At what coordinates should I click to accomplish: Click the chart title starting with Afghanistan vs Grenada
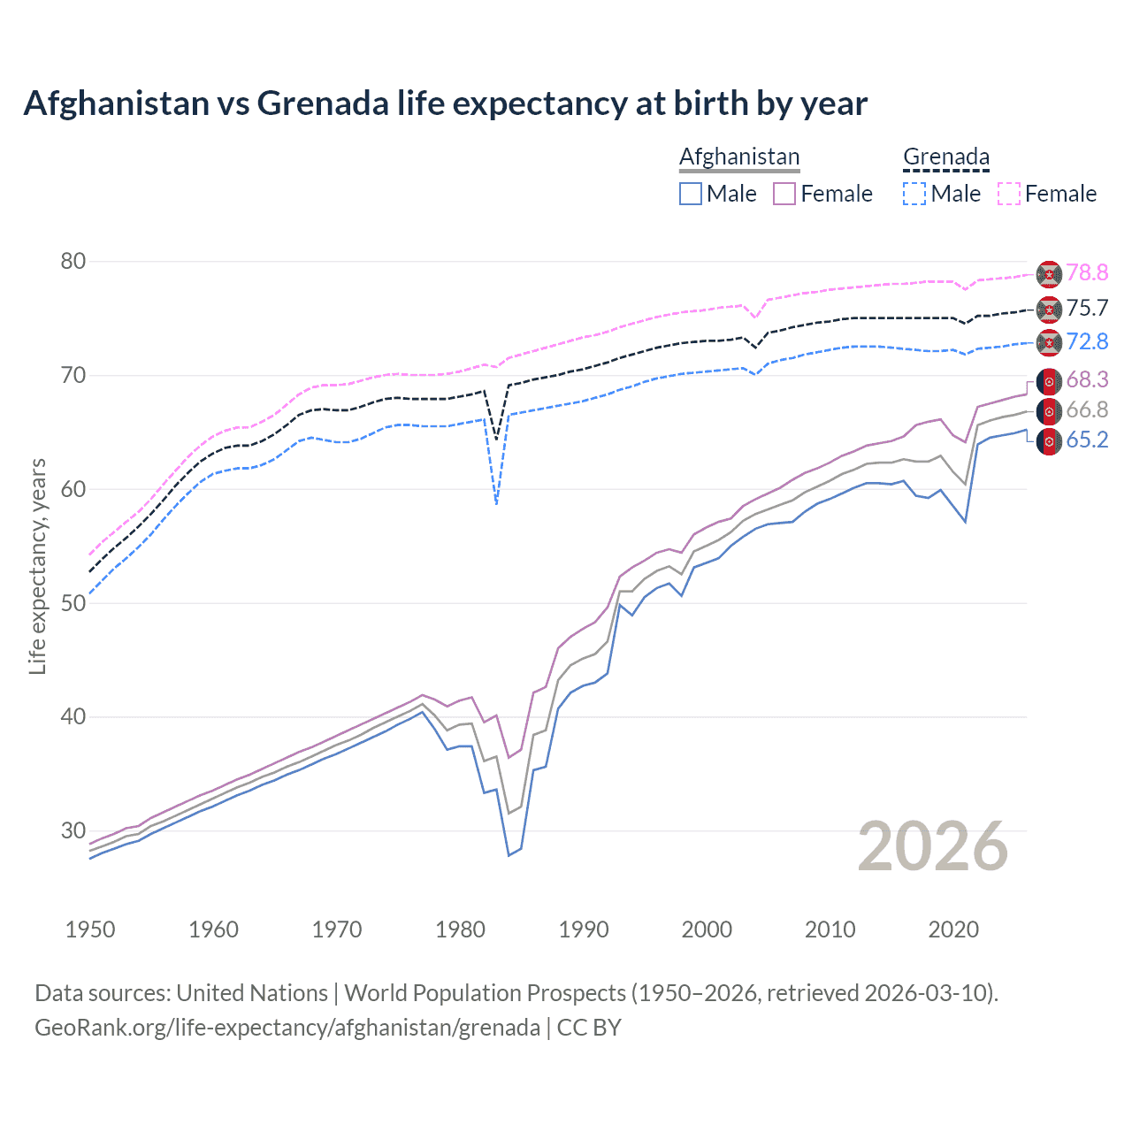[445, 103]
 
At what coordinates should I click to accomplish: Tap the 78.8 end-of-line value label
[1087, 273]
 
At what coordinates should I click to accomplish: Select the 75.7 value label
[1087, 308]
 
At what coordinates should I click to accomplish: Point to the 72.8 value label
[1087, 341]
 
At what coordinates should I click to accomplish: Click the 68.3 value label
[1087, 380]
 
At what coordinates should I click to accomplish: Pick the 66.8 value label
[1087, 410]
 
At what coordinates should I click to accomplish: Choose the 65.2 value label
[1087, 440]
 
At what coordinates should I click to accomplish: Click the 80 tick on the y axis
[73, 261]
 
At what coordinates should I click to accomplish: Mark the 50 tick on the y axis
[73, 603]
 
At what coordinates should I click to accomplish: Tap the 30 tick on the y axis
[73, 830]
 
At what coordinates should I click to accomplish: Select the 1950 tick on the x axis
[90, 929]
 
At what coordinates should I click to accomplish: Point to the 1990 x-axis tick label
[584, 929]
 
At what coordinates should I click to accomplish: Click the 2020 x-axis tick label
[953, 929]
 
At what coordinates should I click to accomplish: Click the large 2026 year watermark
[932, 846]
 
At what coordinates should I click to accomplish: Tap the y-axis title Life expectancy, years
[37, 566]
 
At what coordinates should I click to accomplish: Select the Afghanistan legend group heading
[739, 157]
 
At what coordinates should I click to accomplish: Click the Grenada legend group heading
[945, 157]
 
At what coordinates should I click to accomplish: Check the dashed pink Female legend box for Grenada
[1009, 194]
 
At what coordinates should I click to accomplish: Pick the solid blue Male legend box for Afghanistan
[691, 194]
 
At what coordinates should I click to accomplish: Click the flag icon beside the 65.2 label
[1049, 440]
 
